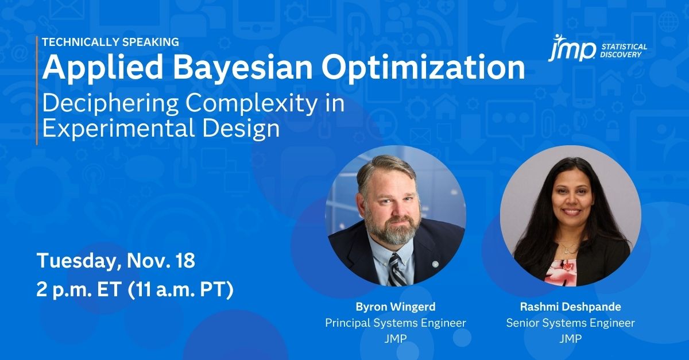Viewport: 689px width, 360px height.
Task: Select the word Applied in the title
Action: [102, 69]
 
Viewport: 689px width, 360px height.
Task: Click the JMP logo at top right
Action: [571, 48]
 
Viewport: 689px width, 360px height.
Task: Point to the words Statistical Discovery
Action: [624, 51]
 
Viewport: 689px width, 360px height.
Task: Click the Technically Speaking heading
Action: [110, 42]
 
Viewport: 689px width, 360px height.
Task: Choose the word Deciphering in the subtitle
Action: [110, 104]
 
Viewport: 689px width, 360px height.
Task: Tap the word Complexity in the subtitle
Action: [251, 104]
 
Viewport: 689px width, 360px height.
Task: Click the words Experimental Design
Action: [161, 129]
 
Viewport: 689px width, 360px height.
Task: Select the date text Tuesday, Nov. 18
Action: [116, 260]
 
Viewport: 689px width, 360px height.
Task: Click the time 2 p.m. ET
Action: [78, 290]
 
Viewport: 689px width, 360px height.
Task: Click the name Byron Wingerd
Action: [396, 307]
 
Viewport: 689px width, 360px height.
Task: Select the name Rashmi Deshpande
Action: [571, 307]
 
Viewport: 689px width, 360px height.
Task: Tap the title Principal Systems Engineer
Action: [396, 323]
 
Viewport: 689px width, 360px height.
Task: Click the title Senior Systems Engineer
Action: [571, 323]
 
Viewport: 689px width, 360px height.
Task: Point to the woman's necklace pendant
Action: [565, 251]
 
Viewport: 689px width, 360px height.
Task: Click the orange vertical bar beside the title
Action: [37, 90]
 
